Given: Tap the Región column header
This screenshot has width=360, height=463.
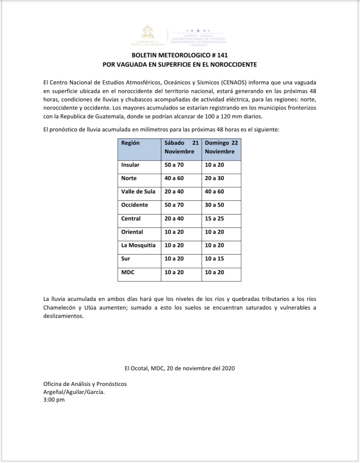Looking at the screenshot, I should (130, 143).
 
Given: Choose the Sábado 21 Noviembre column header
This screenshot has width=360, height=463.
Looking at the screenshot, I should (181, 147).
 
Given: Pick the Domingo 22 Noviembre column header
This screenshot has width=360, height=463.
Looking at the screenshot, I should (221, 147).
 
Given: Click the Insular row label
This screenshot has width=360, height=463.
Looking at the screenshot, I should (130, 165).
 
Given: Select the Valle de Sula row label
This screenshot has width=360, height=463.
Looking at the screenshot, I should (138, 192).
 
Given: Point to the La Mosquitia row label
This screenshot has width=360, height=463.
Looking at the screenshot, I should (138, 245).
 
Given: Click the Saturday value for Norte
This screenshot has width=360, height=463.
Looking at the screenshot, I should (174, 178).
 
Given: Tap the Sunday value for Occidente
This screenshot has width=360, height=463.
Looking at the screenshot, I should (214, 205).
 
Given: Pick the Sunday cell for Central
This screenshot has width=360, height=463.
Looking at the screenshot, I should (214, 218).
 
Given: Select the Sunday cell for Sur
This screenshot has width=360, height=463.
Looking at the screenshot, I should (214, 259).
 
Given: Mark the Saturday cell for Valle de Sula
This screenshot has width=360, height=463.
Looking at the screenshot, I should (174, 192).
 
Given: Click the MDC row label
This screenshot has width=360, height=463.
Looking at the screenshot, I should (128, 272).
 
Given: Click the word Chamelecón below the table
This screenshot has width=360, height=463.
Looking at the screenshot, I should (60, 308).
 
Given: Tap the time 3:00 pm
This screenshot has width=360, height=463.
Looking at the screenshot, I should (54, 400).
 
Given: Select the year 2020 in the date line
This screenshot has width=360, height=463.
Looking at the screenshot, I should (228, 368).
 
